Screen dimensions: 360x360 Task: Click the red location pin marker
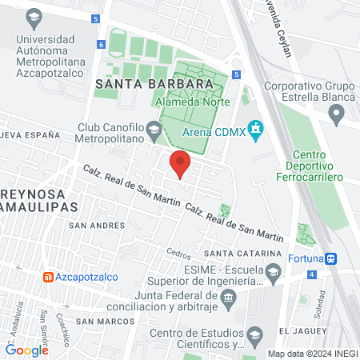[180, 165]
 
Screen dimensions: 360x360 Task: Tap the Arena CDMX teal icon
[255, 128]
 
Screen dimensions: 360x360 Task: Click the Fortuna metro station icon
[330, 258]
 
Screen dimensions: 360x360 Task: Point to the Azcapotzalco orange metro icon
[48, 276]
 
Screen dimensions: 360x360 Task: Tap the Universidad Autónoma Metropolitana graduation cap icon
[34, 16]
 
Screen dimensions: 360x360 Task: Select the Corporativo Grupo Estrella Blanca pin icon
[337, 116]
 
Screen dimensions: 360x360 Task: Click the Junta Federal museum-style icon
[229, 298]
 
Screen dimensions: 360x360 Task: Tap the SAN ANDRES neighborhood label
[96, 226]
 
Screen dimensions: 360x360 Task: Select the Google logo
[27, 350]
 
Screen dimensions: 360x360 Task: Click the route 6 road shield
[102, 46]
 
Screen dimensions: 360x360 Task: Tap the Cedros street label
[178, 254]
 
